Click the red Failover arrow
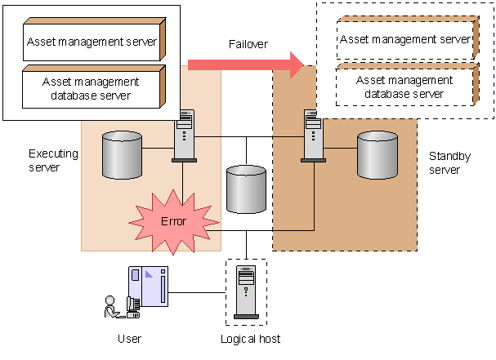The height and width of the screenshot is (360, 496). (246, 65)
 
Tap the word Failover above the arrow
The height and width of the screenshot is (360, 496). (248, 44)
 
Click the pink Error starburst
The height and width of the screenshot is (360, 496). (174, 222)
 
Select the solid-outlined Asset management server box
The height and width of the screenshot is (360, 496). (95, 39)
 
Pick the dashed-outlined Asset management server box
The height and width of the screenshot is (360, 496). (408, 38)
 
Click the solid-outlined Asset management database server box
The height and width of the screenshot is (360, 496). (94, 87)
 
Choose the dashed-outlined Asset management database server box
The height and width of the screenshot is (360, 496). (408, 84)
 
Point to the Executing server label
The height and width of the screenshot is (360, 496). (53, 160)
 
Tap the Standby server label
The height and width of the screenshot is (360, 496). (449, 162)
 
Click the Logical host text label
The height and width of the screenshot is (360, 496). (250, 339)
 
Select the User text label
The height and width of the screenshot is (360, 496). (129, 339)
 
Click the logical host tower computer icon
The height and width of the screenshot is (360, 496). (246, 292)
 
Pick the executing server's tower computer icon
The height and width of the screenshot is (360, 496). (185, 136)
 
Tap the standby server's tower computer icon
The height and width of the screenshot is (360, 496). (313, 136)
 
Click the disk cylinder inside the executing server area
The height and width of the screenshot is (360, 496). (122, 155)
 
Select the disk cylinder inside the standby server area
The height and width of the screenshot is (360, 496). (378, 155)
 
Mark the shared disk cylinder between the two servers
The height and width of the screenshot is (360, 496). (247, 189)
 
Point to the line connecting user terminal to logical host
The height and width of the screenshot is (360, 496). (197, 292)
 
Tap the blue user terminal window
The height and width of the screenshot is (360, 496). (148, 287)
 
